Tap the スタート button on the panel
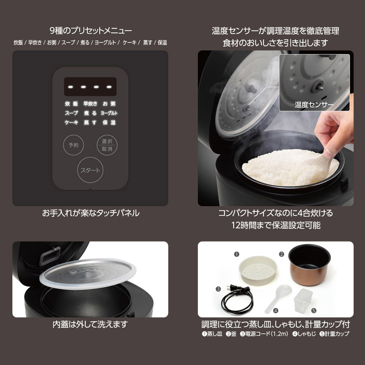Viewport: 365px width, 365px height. coord(90,170)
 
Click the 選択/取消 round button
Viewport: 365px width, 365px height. coord(107,145)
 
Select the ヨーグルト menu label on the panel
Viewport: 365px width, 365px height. coord(109,113)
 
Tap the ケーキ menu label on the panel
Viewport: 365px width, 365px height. coord(72,122)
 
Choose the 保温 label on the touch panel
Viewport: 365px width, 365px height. coord(109,122)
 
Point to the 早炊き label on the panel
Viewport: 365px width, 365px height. coord(90,104)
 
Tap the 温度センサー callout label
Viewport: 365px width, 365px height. coord(314,105)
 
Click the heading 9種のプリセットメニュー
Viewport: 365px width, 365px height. coord(91,31)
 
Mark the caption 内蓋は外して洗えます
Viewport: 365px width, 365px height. coord(90,324)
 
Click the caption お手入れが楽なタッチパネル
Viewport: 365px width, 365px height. coord(91,213)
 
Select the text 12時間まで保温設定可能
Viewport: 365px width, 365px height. coord(276,225)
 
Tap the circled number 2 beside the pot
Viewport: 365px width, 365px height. coord(282,254)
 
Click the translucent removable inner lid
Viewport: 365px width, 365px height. coord(88,273)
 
